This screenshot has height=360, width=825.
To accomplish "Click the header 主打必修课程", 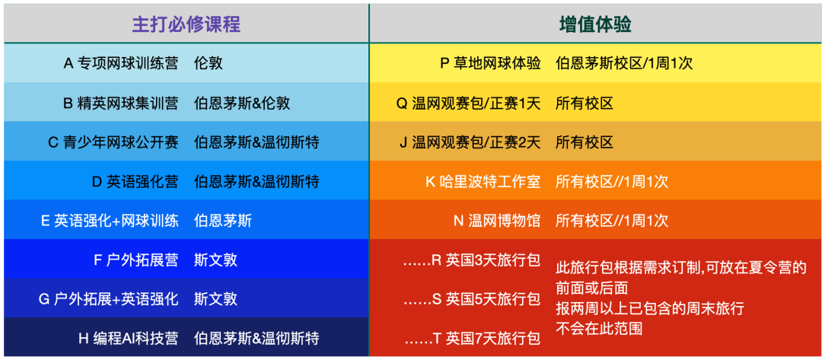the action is (x=186, y=24).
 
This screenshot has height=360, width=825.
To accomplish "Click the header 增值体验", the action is (x=596, y=24).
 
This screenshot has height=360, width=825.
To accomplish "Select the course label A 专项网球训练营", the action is (x=120, y=64).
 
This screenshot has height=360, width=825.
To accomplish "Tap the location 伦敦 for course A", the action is (x=209, y=64).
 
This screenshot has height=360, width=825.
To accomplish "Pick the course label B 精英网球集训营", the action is (x=120, y=104).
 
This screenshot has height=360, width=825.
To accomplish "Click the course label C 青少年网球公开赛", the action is (x=113, y=142).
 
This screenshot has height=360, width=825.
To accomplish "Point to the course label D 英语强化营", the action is (x=135, y=182).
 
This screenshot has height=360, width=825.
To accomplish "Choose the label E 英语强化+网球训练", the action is (x=110, y=221).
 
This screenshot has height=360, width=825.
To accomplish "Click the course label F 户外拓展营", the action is (x=135, y=260).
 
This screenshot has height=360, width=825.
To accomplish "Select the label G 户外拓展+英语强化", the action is (x=108, y=299).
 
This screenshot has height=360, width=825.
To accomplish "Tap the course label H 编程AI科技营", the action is (x=129, y=338).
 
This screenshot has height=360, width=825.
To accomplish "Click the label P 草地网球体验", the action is (x=490, y=64).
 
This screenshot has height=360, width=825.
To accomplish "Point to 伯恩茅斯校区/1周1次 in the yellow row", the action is (x=624, y=64).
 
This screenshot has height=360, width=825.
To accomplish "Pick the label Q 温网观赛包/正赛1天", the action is (x=468, y=104).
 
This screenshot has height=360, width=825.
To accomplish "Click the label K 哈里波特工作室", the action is (x=483, y=182).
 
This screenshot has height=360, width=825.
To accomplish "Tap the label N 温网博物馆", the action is (x=497, y=221).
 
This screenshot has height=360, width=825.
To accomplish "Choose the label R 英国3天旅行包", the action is (x=472, y=260).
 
